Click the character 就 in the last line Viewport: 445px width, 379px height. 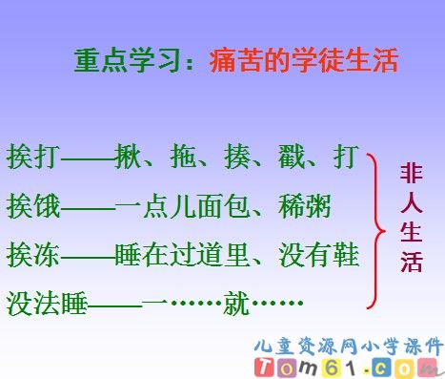coord(233,304)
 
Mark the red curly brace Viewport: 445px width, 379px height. coord(377,229)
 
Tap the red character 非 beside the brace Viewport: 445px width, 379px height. coord(412,174)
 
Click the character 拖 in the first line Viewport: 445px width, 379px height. coord(183,155)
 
